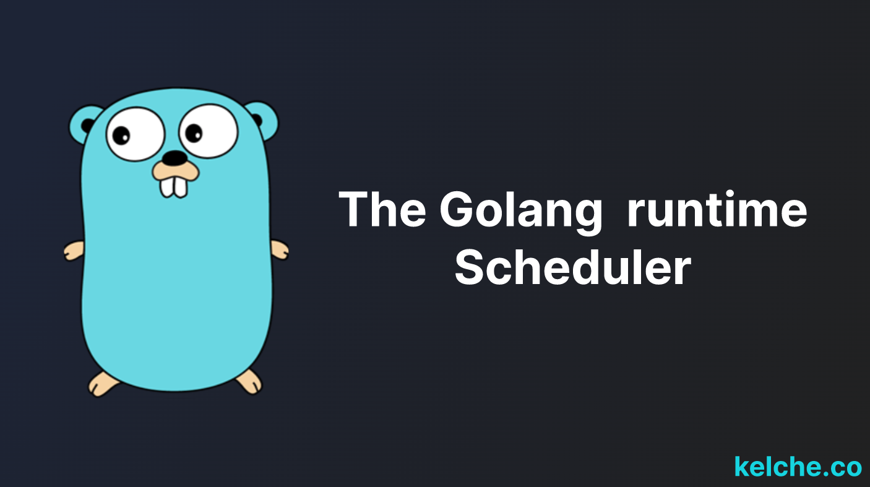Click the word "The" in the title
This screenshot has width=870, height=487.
(x=382, y=209)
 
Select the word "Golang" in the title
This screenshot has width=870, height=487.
(x=521, y=212)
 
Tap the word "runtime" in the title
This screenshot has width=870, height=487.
(x=717, y=209)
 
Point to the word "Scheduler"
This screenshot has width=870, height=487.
(x=573, y=267)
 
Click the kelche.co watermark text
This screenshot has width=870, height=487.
(x=798, y=466)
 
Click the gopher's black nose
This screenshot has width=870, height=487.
(x=174, y=157)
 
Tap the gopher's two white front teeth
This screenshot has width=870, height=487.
(x=174, y=187)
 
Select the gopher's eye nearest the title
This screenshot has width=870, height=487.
(x=208, y=131)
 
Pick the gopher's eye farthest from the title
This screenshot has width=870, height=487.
(x=136, y=134)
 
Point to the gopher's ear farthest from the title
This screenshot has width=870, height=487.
(x=83, y=124)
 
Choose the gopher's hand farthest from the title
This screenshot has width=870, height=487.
(x=74, y=251)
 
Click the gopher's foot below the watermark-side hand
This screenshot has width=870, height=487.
(x=249, y=381)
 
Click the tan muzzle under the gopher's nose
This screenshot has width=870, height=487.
(x=176, y=171)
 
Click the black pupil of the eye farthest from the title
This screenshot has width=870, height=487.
(x=121, y=136)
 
